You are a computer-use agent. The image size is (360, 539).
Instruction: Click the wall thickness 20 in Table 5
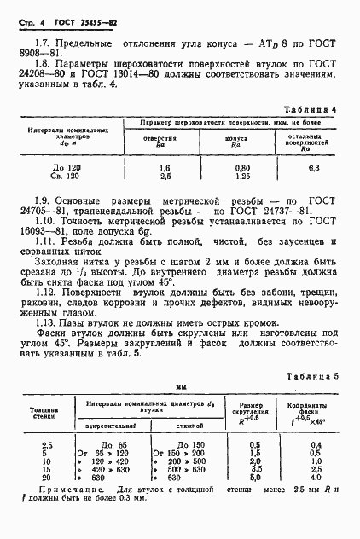pyautogui.click(x=49, y=478)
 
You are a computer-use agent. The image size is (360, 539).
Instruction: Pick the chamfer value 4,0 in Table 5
pyautogui.click(x=316, y=478)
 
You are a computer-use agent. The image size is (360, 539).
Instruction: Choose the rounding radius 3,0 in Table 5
pyautogui.click(x=253, y=470)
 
